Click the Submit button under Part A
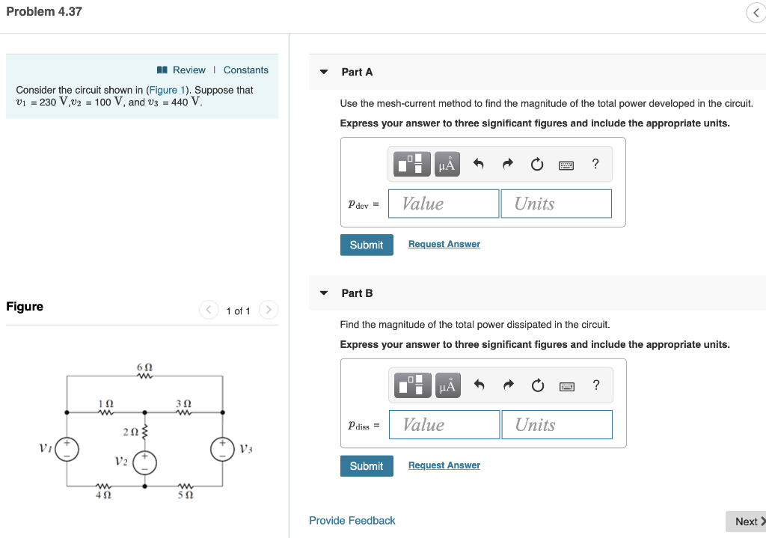click(367, 245)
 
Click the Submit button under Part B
click(367, 466)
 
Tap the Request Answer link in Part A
click(444, 245)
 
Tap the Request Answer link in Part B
click(444, 465)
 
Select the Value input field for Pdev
click(444, 204)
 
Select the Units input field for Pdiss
click(556, 425)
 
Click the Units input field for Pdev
click(555, 204)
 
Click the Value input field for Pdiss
click(444, 425)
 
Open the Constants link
click(245, 70)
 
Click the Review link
click(189, 70)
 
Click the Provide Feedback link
click(352, 521)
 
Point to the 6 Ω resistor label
click(145, 367)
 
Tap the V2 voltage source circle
click(145, 462)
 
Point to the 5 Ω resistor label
click(184, 495)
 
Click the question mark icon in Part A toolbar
click(595, 165)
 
